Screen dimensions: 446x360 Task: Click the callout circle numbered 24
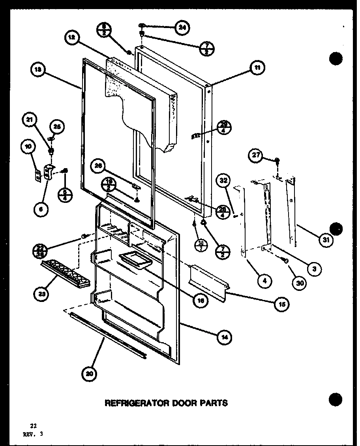click(182, 28)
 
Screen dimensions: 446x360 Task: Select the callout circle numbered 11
click(257, 68)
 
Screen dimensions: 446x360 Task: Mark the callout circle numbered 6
click(41, 210)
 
